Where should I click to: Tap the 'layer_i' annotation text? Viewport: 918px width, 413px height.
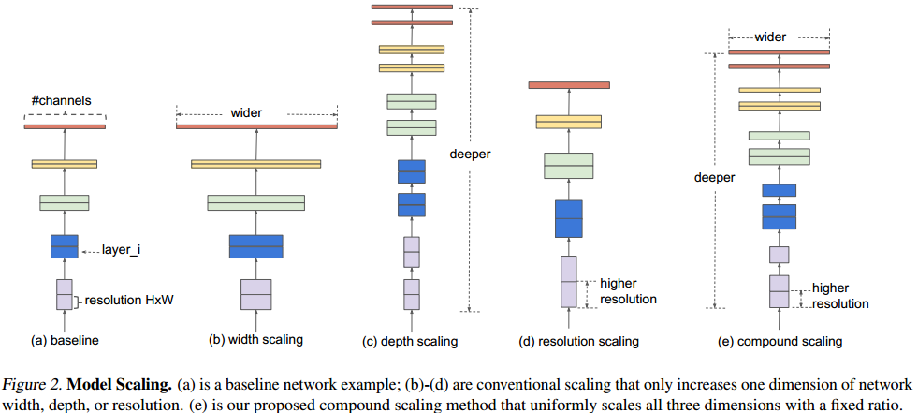pyautogui.click(x=122, y=251)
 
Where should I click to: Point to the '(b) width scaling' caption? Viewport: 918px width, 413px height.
pyautogui.click(x=255, y=340)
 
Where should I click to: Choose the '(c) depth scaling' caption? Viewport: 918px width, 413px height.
pyautogui.click(x=410, y=341)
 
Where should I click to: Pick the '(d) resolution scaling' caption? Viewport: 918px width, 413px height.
pyautogui.click(x=578, y=341)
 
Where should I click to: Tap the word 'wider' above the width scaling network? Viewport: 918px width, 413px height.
pyautogui.click(x=246, y=113)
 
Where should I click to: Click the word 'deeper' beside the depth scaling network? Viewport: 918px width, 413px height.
pyautogui.click(x=470, y=155)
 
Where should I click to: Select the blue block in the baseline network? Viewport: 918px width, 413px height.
pyautogui.click(x=65, y=246)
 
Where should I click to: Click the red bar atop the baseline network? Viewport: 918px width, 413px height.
pyautogui.click(x=65, y=126)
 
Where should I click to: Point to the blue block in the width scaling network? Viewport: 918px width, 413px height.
pyautogui.click(x=255, y=246)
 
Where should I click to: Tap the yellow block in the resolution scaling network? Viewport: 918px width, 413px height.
pyautogui.click(x=568, y=122)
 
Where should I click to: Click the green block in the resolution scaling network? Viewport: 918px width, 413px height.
pyautogui.click(x=568, y=166)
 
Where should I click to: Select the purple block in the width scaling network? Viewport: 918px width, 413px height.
pyautogui.click(x=255, y=294)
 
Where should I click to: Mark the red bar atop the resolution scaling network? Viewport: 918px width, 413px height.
pyautogui.click(x=568, y=85)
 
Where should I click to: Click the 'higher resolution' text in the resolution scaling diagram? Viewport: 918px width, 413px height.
pyautogui.click(x=628, y=290)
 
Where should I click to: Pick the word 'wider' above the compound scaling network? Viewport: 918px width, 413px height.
pyautogui.click(x=771, y=37)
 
